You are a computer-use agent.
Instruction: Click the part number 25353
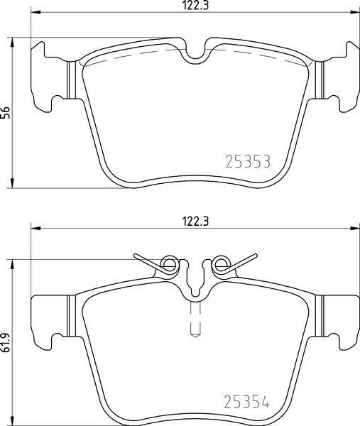248,161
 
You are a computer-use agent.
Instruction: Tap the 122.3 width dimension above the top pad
195,6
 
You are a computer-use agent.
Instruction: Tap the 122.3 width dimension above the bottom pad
195,222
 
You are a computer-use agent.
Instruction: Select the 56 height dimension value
6,112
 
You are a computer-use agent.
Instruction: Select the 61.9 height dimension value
6,344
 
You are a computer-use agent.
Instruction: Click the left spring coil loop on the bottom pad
169,264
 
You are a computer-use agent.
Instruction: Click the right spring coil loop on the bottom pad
221,264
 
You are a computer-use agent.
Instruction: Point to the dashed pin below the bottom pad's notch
195,319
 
